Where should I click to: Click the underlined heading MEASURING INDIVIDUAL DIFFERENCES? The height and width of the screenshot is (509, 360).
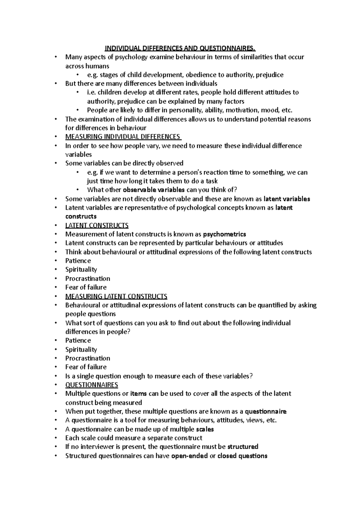pyautogui.click(x=123, y=137)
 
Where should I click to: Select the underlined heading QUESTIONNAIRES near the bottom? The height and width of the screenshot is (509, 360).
pyautogui.click(x=91, y=385)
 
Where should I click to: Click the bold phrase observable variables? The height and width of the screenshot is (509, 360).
pyautogui.click(x=154, y=190)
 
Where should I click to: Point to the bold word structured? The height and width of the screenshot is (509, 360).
pyautogui.click(x=243, y=447)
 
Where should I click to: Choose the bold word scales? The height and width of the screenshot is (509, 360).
pyautogui.click(x=205, y=429)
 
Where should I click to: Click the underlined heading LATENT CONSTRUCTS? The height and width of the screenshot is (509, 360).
pyautogui.click(x=97, y=225)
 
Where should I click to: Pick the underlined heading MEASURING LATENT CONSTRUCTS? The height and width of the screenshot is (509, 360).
pyautogui.click(x=116, y=296)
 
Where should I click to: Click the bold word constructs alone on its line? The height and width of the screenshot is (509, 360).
pyautogui.click(x=81, y=216)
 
